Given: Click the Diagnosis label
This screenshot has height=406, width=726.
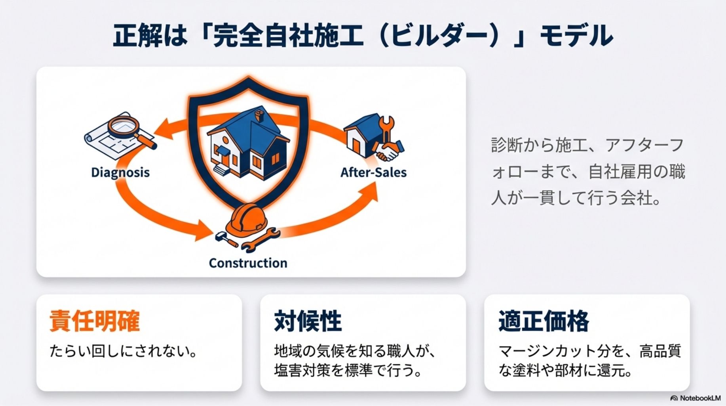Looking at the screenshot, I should (x=120, y=172).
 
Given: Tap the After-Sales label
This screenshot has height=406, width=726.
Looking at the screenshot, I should (x=373, y=172).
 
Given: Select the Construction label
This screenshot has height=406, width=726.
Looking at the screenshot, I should (x=248, y=263).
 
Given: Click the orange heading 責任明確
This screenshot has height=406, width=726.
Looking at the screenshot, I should (x=95, y=321).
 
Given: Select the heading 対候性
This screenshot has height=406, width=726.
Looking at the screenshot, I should (x=308, y=321).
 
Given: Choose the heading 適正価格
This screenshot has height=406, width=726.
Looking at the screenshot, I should (x=544, y=321).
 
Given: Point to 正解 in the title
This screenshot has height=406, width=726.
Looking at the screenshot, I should (x=137, y=36).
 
